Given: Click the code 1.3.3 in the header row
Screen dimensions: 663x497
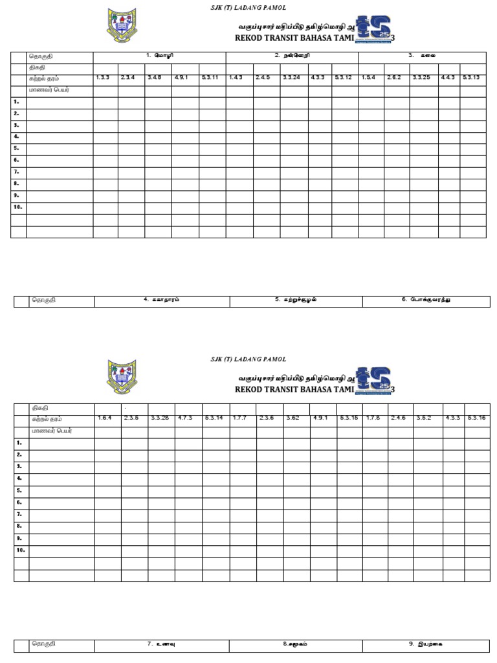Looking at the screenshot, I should (x=103, y=78).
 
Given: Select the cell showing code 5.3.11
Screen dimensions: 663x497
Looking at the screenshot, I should (x=210, y=78).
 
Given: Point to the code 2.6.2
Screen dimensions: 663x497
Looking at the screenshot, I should (x=394, y=78).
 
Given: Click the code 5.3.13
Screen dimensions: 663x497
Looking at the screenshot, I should (x=470, y=78).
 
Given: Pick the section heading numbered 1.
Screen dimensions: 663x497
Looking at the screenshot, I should (x=159, y=56).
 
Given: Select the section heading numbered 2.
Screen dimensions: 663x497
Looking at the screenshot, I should (x=292, y=56).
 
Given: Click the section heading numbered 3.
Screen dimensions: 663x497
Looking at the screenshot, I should (x=421, y=56).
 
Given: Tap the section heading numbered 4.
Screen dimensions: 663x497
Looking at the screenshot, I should (x=162, y=300).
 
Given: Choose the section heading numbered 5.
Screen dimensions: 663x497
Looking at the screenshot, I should (x=296, y=300).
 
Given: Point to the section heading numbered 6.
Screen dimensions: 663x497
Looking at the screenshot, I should (x=426, y=300).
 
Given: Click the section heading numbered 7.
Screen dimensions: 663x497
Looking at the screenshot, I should (x=162, y=644).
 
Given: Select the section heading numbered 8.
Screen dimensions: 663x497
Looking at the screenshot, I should (x=296, y=644).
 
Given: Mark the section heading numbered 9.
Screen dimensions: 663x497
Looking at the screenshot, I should (x=426, y=644).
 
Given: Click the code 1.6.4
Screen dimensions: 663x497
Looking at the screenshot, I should (x=105, y=418).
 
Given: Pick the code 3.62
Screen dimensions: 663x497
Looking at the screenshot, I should (x=292, y=418).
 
